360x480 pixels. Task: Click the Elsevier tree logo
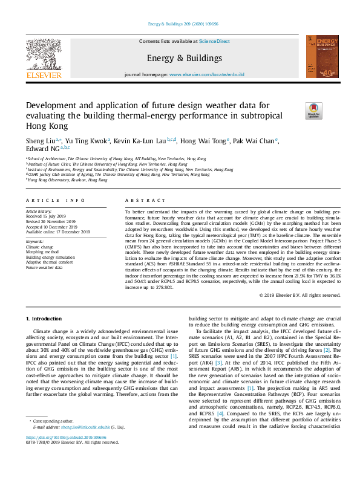[x=44, y=54]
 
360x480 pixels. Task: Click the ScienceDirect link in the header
[x=215, y=41]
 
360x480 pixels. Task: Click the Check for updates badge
[x=314, y=109]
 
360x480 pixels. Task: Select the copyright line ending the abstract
[x=299, y=295]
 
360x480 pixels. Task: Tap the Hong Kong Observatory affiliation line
[x=62, y=180]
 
